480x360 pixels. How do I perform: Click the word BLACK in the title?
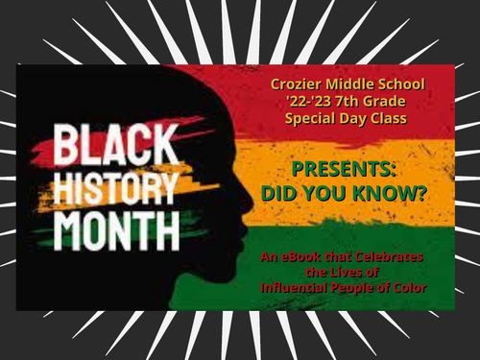(104, 147)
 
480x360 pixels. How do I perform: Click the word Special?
(317, 120)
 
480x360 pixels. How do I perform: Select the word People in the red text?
(353, 287)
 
